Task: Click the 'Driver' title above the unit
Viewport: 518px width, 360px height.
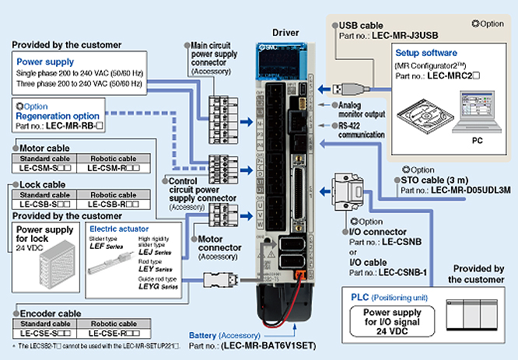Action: (x=285, y=34)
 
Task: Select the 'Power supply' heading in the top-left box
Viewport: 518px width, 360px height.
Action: (x=45, y=61)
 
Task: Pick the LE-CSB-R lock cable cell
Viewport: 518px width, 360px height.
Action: (x=115, y=204)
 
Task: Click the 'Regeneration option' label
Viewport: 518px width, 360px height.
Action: (x=58, y=116)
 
